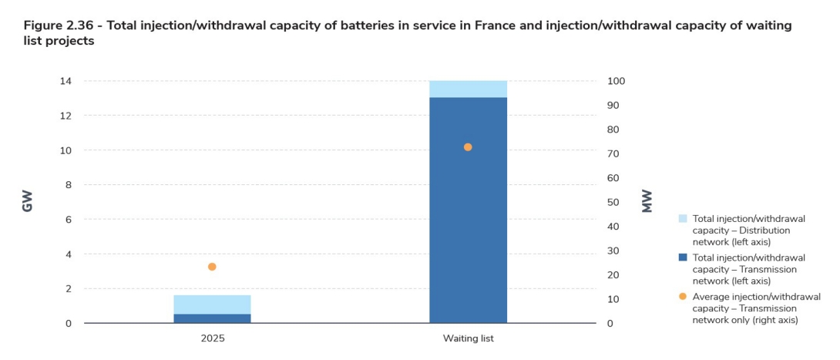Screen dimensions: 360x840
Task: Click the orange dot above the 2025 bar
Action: (x=212, y=267)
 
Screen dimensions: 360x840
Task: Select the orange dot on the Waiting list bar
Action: (x=468, y=147)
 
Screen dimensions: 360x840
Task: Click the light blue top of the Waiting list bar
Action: (x=468, y=89)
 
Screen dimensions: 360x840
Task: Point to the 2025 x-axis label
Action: (x=212, y=338)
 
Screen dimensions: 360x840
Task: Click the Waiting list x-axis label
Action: (x=468, y=338)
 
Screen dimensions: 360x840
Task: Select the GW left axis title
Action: (x=28, y=202)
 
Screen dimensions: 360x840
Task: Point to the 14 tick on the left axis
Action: (x=66, y=81)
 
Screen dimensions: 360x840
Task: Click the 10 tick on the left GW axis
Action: (x=66, y=150)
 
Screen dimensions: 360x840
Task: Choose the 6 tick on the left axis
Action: (x=69, y=220)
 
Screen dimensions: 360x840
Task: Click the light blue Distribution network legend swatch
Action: (x=683, y=219)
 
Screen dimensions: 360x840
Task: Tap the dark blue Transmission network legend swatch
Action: (x=683, y=257)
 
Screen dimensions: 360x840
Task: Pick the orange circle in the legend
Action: (x=683, y=296)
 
